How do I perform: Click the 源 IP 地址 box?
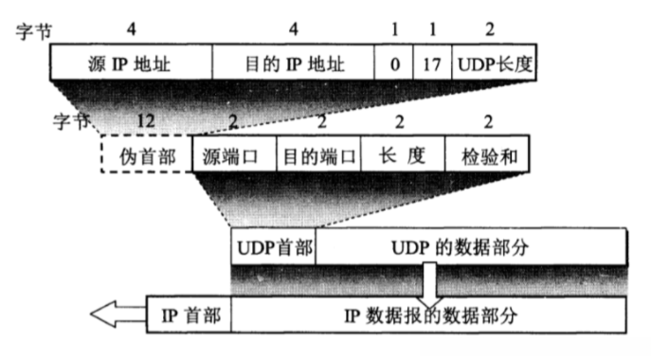tap(131, 63)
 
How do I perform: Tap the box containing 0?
tap(393, 63)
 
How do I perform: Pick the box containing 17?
tap(433, 63)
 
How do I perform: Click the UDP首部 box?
tap(273, 248)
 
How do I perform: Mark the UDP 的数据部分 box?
tap(471, 248)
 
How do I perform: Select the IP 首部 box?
tap(190, 314)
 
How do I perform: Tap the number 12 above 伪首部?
tap(145, 120)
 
